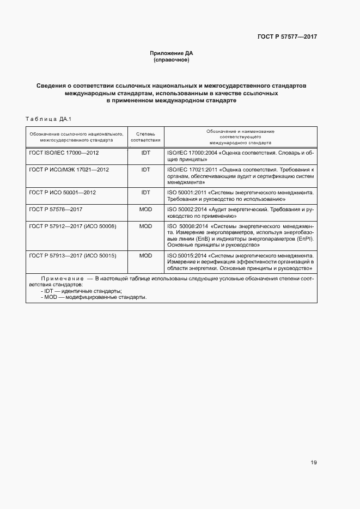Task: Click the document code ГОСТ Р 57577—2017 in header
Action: click(287, 36)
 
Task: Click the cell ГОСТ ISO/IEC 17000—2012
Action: click(64, 154)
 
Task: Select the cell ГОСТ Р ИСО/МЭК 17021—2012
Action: click(69, 170)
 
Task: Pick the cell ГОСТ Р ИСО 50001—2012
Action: click(62, 192)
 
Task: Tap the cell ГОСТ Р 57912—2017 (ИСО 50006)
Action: click(73, 225)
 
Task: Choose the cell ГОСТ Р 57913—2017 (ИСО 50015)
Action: click(73, 255)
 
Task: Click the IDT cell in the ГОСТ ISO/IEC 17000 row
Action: click(145, 154)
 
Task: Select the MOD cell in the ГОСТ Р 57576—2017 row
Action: click(145, 208)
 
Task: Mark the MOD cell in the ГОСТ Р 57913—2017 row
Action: click(145, 255)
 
